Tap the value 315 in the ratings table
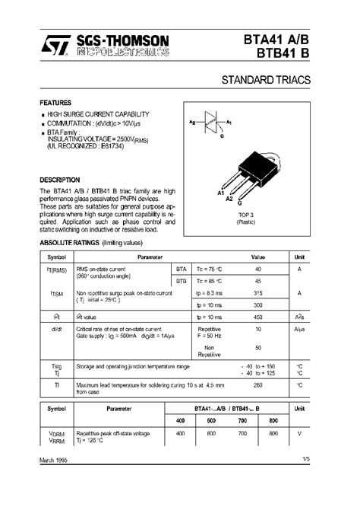[258, 293]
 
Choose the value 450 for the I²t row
[258, 317]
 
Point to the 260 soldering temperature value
[258, 385]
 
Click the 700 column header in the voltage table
[242, 420]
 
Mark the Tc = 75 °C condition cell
[210, 269]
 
